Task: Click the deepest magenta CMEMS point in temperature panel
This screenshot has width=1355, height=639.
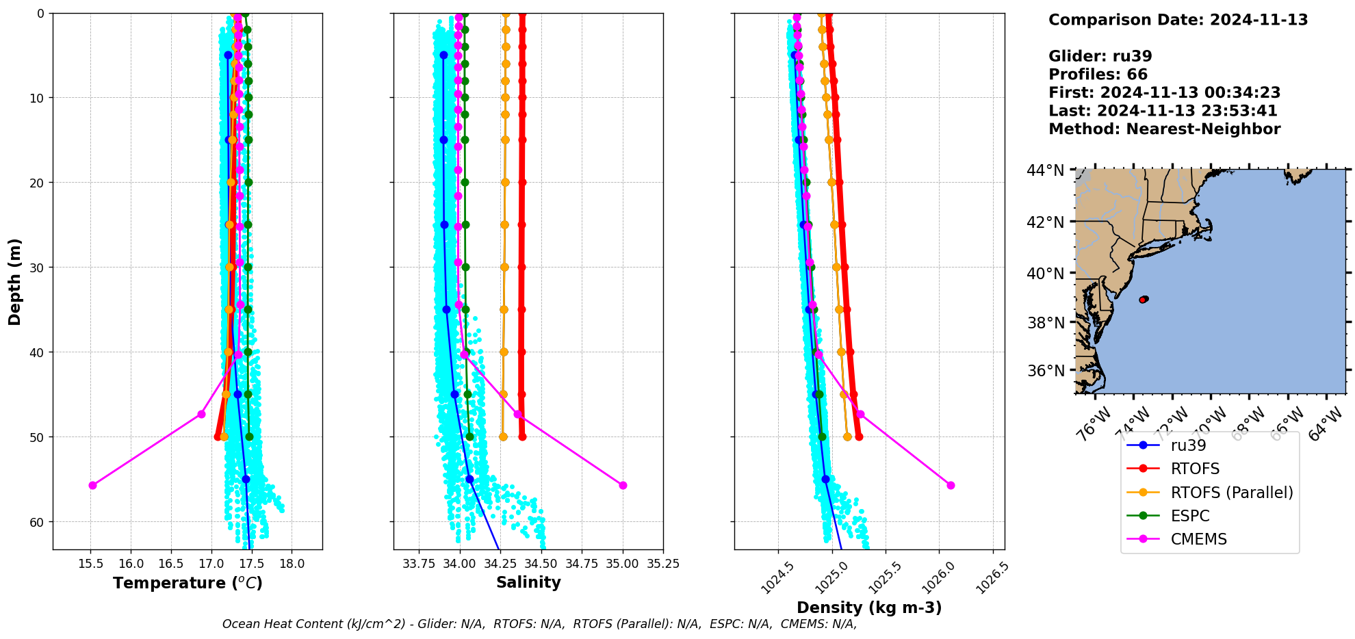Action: point(92,485)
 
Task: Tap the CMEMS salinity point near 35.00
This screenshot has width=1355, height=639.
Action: point(623,485)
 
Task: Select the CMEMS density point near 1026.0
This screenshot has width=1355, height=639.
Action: point(951,485)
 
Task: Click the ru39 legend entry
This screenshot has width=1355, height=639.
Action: point(1188,445)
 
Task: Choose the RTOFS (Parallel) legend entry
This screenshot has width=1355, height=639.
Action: point(1232,493)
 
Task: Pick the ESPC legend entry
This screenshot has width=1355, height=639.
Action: point(1190,516)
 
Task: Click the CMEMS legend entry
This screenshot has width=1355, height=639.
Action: point(1198,539)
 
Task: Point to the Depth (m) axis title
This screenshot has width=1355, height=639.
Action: point(15,281)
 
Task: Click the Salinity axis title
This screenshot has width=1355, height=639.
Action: point(528,582)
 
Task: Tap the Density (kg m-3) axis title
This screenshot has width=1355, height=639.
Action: point(869,608)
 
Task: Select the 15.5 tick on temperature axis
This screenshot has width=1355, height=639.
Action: point(90,564)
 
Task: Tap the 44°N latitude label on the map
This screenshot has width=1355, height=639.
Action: point(1046,170)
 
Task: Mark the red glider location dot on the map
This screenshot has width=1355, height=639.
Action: point(1142,300)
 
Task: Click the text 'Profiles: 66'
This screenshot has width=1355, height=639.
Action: point(1098,75)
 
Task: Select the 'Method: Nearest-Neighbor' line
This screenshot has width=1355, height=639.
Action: point(1164,129)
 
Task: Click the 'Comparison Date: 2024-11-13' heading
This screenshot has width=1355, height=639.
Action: point(1178,20)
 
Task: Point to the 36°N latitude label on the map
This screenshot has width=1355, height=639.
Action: point(1046,371)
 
